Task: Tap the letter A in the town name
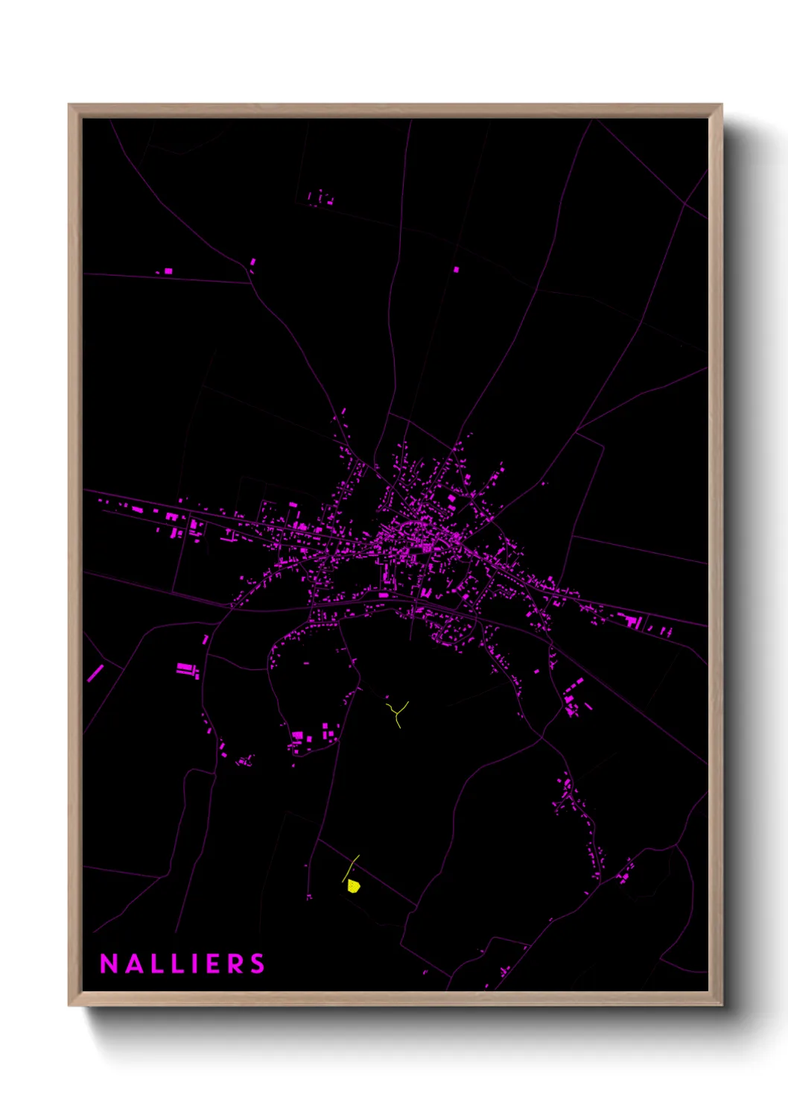pyautogui.click(x=131, y=964)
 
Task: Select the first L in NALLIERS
pyautogui.click(x=153, y=964)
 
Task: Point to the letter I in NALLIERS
pyautogui.click(x=192, y=964)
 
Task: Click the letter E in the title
pyautogui.click(x=211, y=964)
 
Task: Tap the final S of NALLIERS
pyautogui.click(x=257, y=964)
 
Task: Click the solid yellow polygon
pyautogui.click(x=354, y=885)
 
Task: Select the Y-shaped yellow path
pyautogui.click(x=398, y=712)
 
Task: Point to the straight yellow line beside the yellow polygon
pyautogui.click(x=351, y=868)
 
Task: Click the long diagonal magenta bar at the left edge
pyautogui.click(x=95, y=673)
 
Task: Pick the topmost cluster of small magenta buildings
pyautogui.click(x=321, y=199)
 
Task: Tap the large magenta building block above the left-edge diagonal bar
pyautogui.click(x=185, y=668)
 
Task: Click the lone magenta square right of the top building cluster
pyautogui.click(x=456, y=269)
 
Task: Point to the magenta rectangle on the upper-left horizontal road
pyautogui.click(x=168, y=271)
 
